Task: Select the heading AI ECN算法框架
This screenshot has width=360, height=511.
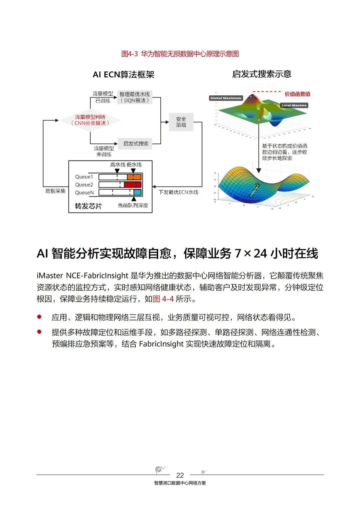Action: [x=123, y=74]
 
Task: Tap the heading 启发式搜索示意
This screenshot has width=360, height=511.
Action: [x=262, y=74]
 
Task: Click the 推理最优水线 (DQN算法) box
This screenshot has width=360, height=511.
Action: [x=135, y=97]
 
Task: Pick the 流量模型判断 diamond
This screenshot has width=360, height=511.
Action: [x=90, y=120]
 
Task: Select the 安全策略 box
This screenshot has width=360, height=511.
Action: [x=181, y=122]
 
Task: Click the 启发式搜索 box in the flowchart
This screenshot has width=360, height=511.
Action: [x=136, y=144]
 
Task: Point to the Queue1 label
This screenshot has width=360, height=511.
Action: [x=84, y=177]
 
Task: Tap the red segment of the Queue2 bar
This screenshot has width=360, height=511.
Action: [x=133, y=184]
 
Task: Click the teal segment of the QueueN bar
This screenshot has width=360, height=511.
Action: [x=137, y=192]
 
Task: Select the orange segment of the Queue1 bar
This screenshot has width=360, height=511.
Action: [x=134, y=177]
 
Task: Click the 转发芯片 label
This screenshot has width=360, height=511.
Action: [x=88, y=206]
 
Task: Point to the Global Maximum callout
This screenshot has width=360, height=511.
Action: [x=226, y=98]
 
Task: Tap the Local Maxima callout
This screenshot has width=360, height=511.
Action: [x=294, y=105]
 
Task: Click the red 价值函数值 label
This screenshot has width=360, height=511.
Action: [x=297, y=94]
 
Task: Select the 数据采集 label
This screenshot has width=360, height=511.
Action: [x=55, y=191]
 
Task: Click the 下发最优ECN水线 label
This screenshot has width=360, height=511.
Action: [x=178, y=192]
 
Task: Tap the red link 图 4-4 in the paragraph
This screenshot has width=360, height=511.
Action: [x=163, y=299]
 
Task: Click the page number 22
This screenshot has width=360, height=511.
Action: [x=180, y=475]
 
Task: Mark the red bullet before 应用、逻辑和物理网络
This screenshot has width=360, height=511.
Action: [x=39, y=317]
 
